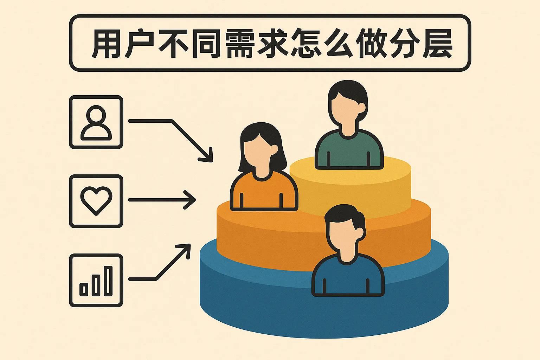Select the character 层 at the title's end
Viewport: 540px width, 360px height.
point(437,44)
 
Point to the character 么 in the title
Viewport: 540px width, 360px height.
point(337,44)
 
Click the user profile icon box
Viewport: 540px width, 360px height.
point(96,122)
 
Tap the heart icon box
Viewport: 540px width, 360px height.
point(96,201)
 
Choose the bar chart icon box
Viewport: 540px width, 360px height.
point(96,280)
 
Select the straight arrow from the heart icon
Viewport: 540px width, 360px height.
point(162,200)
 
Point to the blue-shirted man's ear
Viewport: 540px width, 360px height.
point(360,232)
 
